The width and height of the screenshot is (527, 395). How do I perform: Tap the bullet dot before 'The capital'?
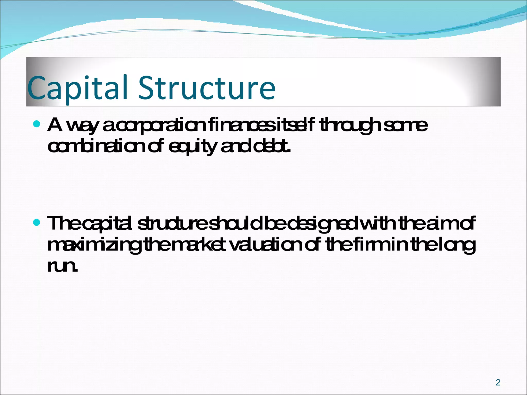37,222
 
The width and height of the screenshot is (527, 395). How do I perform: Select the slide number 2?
498,382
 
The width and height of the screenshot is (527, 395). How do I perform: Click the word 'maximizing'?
94,246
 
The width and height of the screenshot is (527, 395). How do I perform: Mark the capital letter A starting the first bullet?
55,124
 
